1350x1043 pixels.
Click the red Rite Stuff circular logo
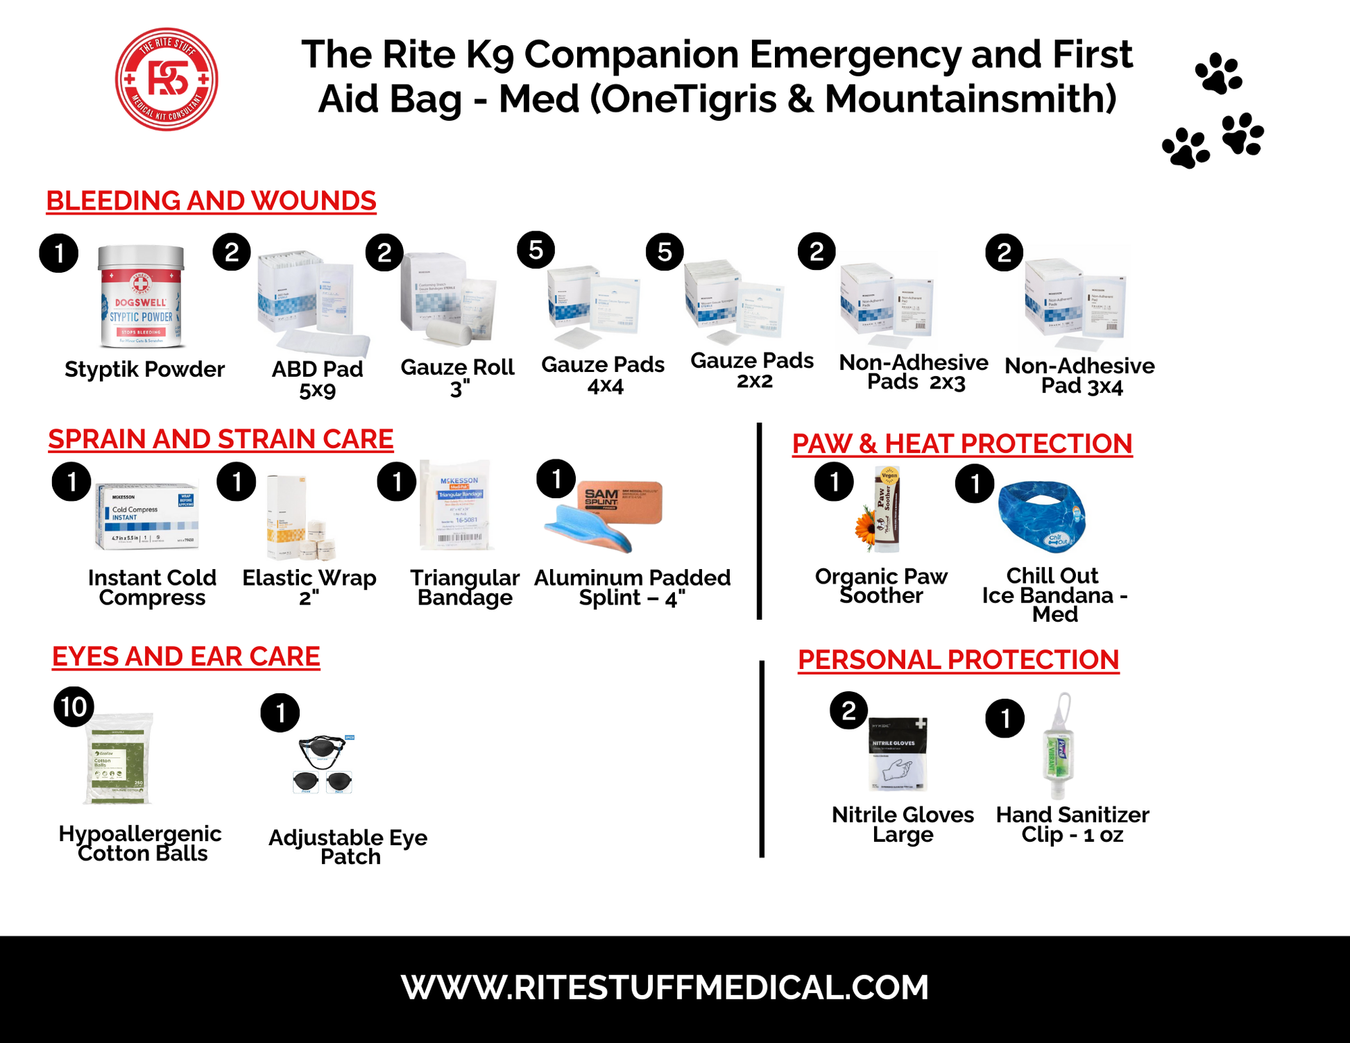click(166, 79)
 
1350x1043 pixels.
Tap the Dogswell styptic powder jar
click(142, 297)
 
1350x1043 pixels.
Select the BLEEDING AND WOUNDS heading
click(211, 201)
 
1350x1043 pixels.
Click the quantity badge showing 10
click(74, 706)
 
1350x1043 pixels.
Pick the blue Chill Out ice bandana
click(1041, 516)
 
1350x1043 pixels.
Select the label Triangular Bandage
click(465, 587)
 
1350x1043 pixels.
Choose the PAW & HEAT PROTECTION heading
click(962, 443)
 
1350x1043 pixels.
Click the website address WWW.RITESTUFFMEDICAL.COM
click(665, 987)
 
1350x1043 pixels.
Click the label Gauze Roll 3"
click(457, 377)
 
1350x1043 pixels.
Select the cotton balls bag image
click(118, 758)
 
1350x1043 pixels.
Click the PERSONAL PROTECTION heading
click(958, 659)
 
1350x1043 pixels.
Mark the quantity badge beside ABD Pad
click(232, 252)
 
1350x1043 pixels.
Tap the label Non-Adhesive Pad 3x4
click(1079, 375)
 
